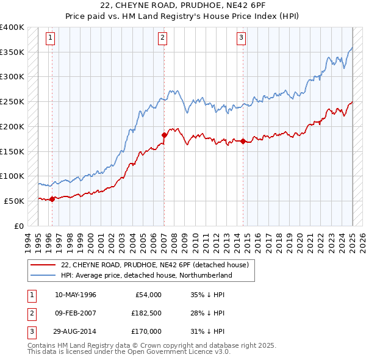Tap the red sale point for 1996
coord(52,198)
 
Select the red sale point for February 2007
coord(164,135)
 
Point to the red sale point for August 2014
coord(243,141)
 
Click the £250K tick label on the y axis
coord(12,101)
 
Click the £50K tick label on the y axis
coord(15,201)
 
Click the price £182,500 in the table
coord(146,314)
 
